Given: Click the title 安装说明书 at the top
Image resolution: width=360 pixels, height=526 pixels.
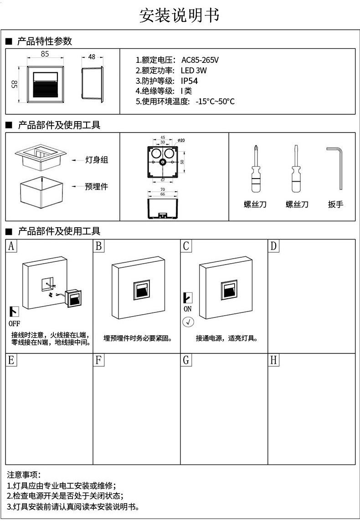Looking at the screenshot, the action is [180, 15].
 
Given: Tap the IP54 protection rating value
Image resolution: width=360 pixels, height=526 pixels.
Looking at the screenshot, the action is [190, 81].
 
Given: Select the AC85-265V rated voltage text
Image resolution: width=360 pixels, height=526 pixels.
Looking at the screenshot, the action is [200, 60].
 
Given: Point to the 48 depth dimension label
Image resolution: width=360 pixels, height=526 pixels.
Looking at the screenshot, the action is [92, 57].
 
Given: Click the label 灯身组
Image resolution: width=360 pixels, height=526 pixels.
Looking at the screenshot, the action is [97, 160].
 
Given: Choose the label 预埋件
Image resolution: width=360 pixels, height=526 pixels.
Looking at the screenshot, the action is [96, 187].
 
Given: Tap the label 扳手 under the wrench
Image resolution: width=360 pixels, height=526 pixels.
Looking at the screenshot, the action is [335, 204].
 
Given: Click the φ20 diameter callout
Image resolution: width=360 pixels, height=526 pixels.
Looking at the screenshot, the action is [181, 141].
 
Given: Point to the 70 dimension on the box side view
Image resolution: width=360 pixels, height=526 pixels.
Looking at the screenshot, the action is [163, 189].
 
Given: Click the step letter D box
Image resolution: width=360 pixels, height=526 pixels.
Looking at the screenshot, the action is [273, 246].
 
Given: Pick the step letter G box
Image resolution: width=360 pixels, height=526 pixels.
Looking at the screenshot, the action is [186, 360].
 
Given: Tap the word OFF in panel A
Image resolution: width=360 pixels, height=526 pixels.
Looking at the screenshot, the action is [15, 324].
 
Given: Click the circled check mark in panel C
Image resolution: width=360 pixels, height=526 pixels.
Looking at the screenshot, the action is [188, 322].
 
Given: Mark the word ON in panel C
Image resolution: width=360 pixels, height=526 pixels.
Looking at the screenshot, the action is [188, 309].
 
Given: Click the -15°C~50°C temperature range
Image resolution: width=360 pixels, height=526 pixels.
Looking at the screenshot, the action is [215, 102].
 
